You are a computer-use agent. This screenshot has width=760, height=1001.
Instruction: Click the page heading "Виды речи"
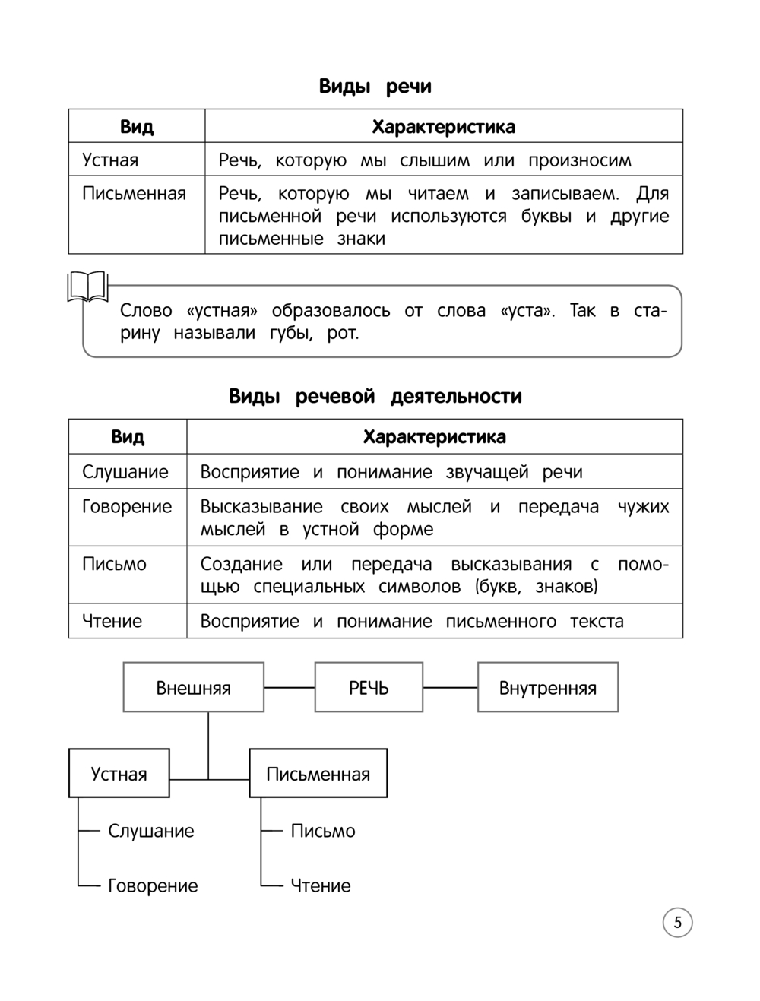click(375, 87)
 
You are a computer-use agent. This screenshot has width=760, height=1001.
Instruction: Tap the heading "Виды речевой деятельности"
click(375, 397)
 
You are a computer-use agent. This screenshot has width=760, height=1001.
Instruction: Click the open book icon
click(88, 287)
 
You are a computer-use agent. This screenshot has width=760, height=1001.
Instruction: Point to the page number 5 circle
click(677, 923)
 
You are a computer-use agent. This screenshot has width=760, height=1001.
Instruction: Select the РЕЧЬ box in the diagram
click(369, 688)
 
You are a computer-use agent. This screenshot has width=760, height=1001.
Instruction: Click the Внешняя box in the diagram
click(193, 688)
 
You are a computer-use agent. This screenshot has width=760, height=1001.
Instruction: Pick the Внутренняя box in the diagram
click(547, 688)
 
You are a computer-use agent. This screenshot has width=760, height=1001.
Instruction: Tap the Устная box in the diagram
click(119, 774)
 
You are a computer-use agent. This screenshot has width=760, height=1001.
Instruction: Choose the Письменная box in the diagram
click(318, 774)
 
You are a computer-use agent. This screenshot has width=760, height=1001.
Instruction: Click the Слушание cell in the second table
click(125, 472)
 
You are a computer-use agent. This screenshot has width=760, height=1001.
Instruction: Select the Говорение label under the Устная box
click(153, 885)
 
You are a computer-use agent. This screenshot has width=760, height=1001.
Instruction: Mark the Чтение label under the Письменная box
click(321, 885)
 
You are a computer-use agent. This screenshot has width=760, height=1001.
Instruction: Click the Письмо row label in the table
click(114, 564)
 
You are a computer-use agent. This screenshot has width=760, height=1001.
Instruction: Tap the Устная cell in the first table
click(110, 160)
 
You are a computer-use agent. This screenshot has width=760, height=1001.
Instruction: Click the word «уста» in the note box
click(528, 311)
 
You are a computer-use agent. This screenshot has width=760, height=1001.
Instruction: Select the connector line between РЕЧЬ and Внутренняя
click(450, 688)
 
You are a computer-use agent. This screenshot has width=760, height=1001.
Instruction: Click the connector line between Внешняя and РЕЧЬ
click(289, 688)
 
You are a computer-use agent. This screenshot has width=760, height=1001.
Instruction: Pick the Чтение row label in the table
click(112, 621)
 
